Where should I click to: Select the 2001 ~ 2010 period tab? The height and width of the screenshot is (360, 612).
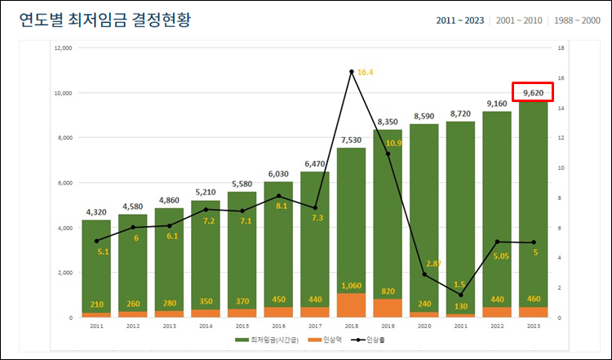click(517, 20)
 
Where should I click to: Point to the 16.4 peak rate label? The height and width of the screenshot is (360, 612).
click(365, 73)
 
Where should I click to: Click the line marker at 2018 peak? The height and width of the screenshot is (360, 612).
click(352, 72)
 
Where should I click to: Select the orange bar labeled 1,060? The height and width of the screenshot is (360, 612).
click(351, 304)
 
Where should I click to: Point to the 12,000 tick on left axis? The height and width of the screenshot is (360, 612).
click(63, 48)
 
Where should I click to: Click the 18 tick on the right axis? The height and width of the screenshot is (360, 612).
click(561, 48)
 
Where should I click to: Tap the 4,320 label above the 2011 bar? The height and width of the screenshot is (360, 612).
click(96, 212)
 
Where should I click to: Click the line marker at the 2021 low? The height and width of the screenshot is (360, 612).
click(460, 295)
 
